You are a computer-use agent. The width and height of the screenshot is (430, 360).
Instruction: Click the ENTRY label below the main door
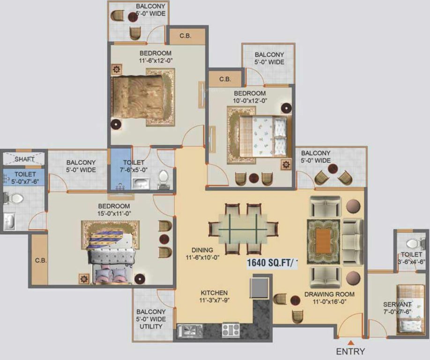[350, 351]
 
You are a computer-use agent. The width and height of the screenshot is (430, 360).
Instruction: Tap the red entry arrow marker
[350, 341]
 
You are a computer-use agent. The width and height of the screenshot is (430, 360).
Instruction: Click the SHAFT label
[24, 159]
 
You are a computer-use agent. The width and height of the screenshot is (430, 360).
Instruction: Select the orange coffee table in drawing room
[323, 241]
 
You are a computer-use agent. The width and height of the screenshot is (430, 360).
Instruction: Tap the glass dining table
[242, 229]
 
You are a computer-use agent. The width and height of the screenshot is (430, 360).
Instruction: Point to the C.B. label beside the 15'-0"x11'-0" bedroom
[40, 260]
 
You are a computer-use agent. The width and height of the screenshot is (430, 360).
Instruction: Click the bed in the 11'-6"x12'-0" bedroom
[139, 97]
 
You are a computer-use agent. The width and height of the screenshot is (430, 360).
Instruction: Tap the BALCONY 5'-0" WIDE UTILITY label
[151, 319]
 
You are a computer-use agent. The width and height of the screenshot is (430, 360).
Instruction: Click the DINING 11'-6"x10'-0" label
[202, 254]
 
